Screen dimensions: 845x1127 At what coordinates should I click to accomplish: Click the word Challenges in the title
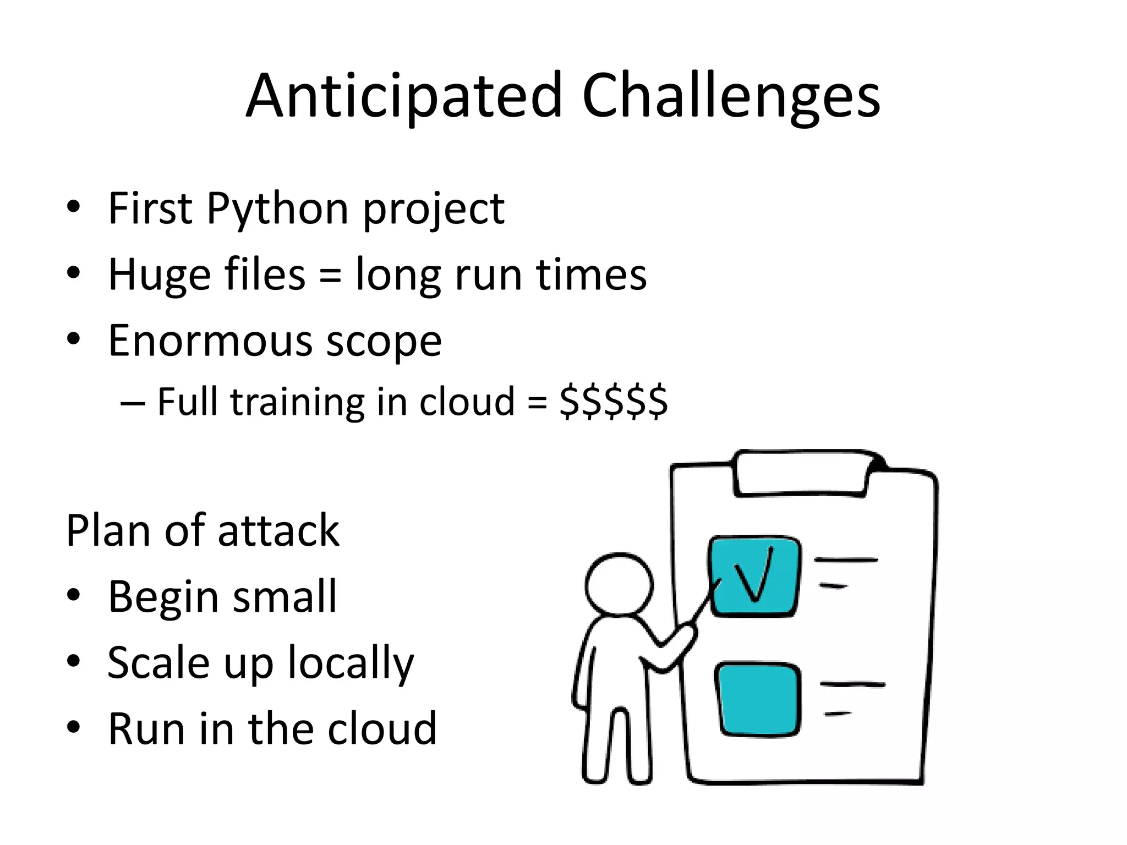(x=731, y=96)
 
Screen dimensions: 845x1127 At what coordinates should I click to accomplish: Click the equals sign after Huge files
(x=330, y=275)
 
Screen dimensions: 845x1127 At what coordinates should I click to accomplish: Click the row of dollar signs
(x=613, y=402)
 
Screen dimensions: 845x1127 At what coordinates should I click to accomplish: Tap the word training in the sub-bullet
(x=297, y=403)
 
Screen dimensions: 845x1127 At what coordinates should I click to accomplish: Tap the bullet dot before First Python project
(x=73, y=208)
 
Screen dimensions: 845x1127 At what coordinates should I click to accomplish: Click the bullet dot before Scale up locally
(x=73, y=661)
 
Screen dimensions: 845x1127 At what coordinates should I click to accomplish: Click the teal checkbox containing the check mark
(x=754, y=576)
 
